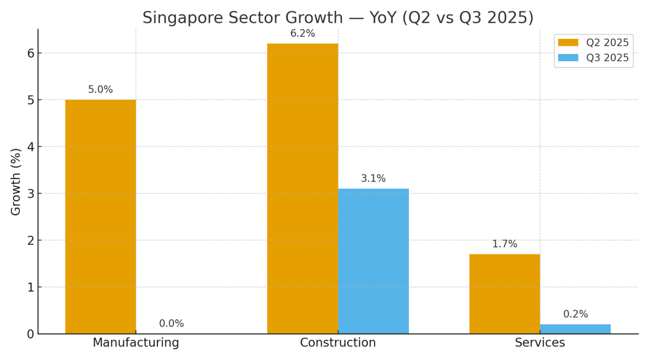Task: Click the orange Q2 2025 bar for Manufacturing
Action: pyautogui.click(x=101, y=216)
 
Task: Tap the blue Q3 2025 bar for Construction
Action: pyautogui.click(x=373, y=261)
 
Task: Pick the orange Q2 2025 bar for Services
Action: pyautogui.click(x=504, y=294)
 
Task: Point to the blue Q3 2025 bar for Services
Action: pyautogui.click(x=575, y=329)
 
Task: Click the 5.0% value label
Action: pyautogui.click(x=101, y=90)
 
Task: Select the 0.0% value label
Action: pyautogui.click(x=171, y=324)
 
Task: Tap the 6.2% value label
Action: pyautogui.click(x=302, y=34)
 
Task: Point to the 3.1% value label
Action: pyautogui.click(x=373, y=178)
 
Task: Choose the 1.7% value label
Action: pyautogui.click(x=504, y=244)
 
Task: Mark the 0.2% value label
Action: pyautogui.click(x=575, y=314)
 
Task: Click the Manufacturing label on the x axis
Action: pyautogui.click(x=136, y=343)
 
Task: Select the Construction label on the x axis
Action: pyautogui.click(x=338, y=343)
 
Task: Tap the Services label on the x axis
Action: pyautogui.click(x=540, y=343)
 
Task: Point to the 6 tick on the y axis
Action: pyautogui.click(x=30, y=53)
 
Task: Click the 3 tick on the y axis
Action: pyautogui.click(x=30, y=194)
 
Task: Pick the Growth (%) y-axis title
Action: pyautogui.click(x=16, y=182)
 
